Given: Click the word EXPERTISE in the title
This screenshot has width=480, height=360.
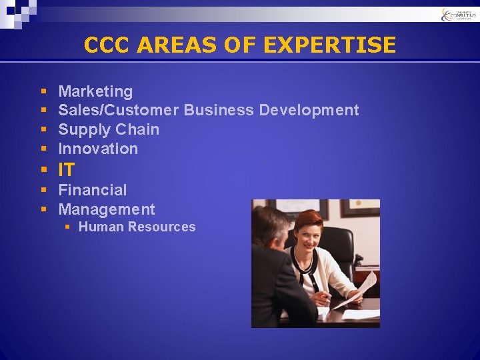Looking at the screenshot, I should (x=330, y=45).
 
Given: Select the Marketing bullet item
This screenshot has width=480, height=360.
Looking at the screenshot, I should (x=95, y=91).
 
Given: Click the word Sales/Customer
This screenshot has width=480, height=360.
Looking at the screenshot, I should (x=119, y=110).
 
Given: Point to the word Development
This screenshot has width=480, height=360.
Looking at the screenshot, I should (x=309, y=110).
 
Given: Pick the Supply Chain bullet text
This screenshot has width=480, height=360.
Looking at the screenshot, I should (x=109, y=129).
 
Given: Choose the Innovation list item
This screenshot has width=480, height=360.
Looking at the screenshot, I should (x=98, y=149).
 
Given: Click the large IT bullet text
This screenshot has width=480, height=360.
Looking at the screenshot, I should (x=67, y=170).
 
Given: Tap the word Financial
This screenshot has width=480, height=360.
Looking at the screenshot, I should (x=93, y=190).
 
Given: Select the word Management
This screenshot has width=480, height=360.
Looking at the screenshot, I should (x=107, y=209).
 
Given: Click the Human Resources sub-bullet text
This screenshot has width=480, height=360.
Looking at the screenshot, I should (x=137, y=227).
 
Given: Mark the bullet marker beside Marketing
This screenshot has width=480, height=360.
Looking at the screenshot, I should (x=43, y=91).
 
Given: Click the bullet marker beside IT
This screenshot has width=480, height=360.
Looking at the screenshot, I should (x=43, y=170).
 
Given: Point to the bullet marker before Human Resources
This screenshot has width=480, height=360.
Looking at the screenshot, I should (x=67, y=227).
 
